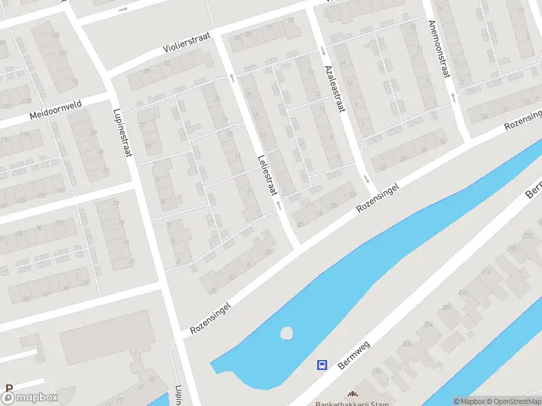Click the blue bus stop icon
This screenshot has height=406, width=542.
coord(322,365)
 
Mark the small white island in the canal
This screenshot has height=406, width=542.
coord(287,334)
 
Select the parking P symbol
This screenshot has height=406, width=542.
coord(8,389)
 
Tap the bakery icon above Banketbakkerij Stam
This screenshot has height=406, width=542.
coord(352,393)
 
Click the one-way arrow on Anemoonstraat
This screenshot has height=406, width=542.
coord(452,97)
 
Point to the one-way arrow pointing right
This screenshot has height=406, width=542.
coord(123,9)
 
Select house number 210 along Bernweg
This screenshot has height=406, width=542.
coord(463,292)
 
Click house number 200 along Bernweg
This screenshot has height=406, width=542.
coord(406,344)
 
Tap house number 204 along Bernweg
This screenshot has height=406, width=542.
coord(429,325)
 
